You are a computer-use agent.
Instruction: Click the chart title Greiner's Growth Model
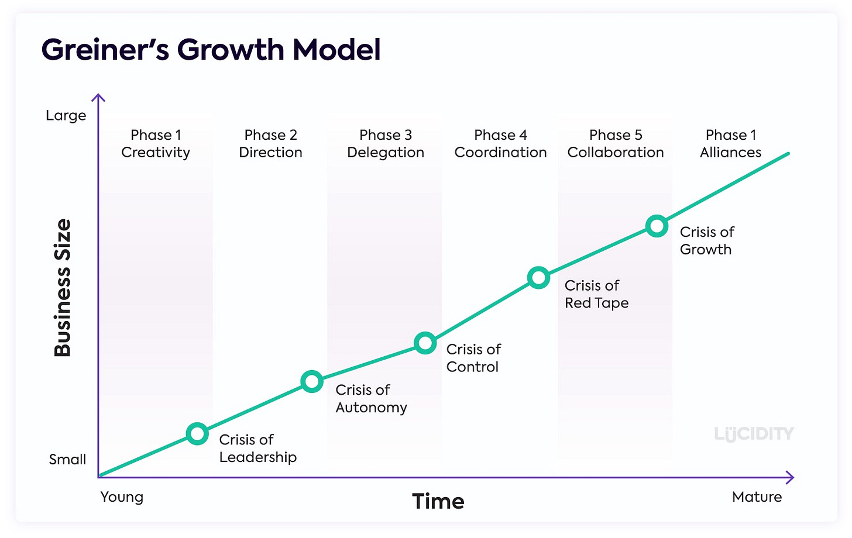pyautogui.click(x=211, y=50)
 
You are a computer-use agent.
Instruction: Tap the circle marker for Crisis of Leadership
pyautogui.click(x=197, y=433)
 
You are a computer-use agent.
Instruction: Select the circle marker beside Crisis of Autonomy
pyautogui.click(x=312, y=382)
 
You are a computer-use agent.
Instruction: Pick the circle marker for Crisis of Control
pyautogui.click(x=425, y=343)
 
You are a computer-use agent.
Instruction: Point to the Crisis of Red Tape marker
pyautogui.click(x=538, y=277)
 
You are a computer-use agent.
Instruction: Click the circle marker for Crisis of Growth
pyautogui.click(x=657, y=226)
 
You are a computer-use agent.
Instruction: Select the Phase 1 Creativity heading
pyautogui.click(x=156, y=144)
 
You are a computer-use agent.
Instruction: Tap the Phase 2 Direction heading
pyautogui.click(x=270, y=144)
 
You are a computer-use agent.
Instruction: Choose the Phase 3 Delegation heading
pyautogui.click(x=386, y=144)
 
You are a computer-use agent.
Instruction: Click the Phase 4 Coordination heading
pyautogui.click(x=500, y=144)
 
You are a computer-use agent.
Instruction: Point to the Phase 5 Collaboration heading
pyautogui.click(x=616, y=144)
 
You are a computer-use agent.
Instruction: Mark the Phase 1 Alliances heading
pyautogui.click(x=731, y=144)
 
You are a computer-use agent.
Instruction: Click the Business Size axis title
pyautogui.click(x=63, y=288)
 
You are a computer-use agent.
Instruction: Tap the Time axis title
pyautogui.click(x=438, y=502)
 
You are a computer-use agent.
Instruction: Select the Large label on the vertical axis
pyautogui.click(x=66, y=116)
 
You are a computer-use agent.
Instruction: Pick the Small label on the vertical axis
pyautogui.click(x=67, y=460)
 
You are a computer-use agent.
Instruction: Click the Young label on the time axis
pyautogui.click(x=122, y=497)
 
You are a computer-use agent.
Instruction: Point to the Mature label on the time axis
pyautogui.click(x=757, y=497)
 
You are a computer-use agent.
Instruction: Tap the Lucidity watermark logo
pyautogui.click(x=754, y=434)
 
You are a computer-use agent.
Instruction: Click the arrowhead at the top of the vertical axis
pyautogui.click(x=99, y=98)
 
